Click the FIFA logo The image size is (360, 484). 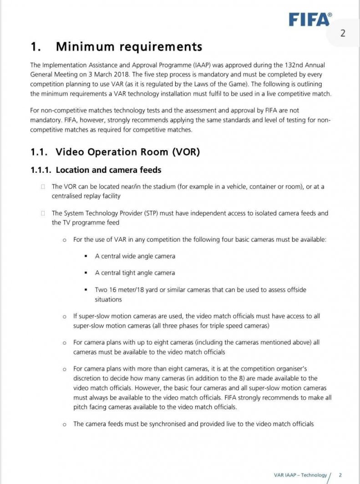pyautogui.click(x=310, y=19)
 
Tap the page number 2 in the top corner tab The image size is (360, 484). pyautogui.click(x=343, y=33)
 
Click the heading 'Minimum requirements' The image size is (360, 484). pyautogui.click(x=129, y=46)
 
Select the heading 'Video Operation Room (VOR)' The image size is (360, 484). pyautogui.click(x=127, y=152)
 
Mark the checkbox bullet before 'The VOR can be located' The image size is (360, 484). pyautogui.click(x=43, y=187)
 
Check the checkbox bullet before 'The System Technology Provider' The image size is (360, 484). pyautogui.click(x=43, y=213)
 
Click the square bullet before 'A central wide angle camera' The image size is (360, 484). pyautogui.click(x=86, y=256)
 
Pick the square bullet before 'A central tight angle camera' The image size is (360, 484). pyautogui.click(x=86, y=273)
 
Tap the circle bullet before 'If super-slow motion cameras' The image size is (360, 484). pyautogui.click(x=64, y=316)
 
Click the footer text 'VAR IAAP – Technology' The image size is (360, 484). pyautogui.click(x=300, y=475)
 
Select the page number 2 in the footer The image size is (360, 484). pyautogui.click(x=340, y=475)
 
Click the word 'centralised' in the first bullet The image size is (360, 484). pyautogui.click(x=68, y=196)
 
